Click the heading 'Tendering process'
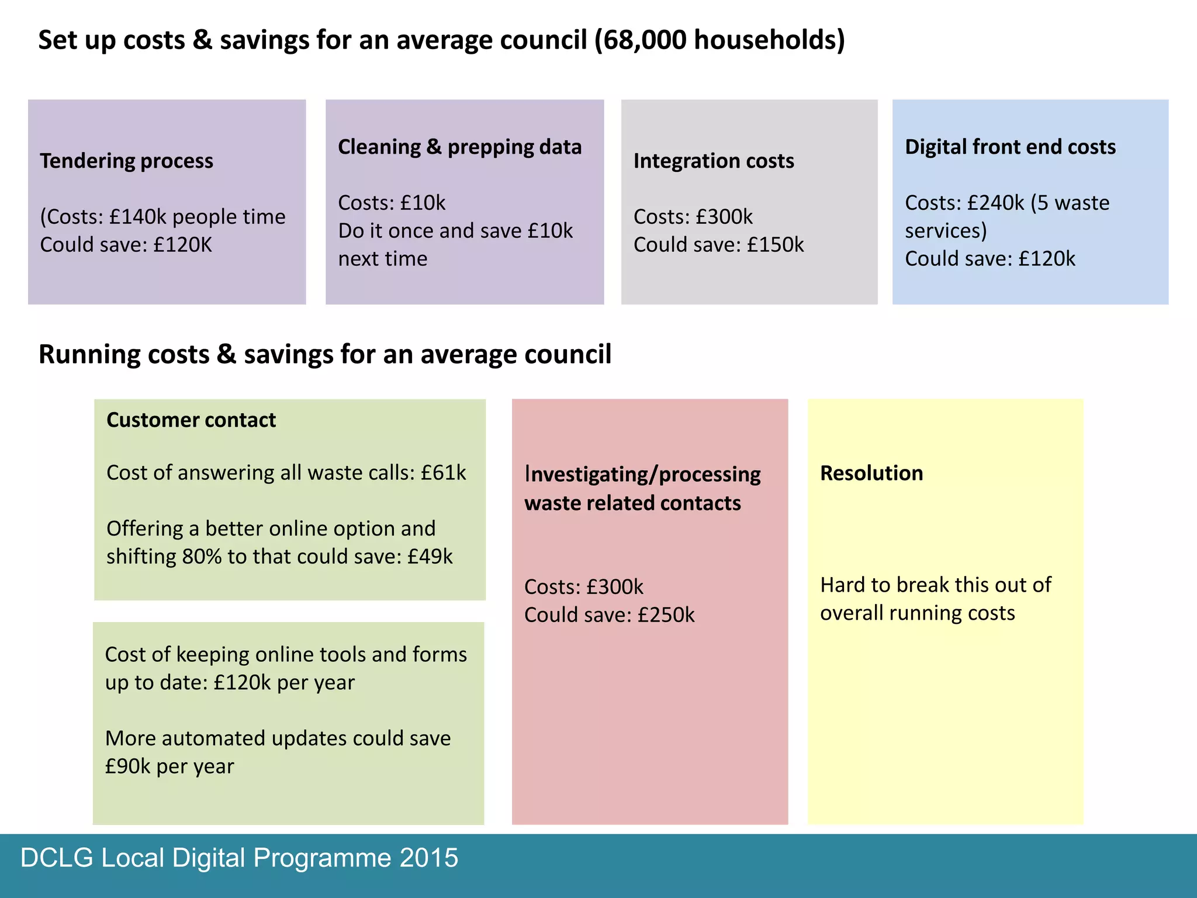126,161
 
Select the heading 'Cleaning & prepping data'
459,147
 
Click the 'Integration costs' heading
713,161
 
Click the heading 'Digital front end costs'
1010,147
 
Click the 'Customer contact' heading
191,420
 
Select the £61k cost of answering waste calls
443,473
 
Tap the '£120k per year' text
283,683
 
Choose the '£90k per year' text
169,766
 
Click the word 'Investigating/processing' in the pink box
642,474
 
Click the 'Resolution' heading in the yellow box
871,473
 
